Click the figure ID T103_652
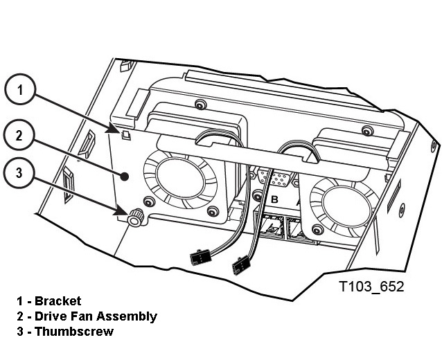pos(371,286)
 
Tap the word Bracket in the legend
pos(58,301)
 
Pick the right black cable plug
pos(240,266)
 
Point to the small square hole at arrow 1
pos(126,133)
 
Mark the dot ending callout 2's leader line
pos(125,176)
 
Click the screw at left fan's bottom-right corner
pos(210,210)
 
